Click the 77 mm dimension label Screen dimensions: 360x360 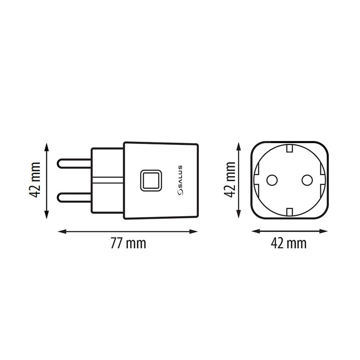128,243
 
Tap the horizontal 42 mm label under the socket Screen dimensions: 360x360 288,243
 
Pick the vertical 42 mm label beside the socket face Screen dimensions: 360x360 230,180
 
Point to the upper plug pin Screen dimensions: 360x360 74,162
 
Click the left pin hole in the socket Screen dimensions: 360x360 271,180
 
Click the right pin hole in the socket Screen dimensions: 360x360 307,180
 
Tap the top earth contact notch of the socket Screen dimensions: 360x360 289,148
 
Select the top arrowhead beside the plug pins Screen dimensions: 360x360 47,145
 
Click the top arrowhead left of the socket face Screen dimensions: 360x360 239,145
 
